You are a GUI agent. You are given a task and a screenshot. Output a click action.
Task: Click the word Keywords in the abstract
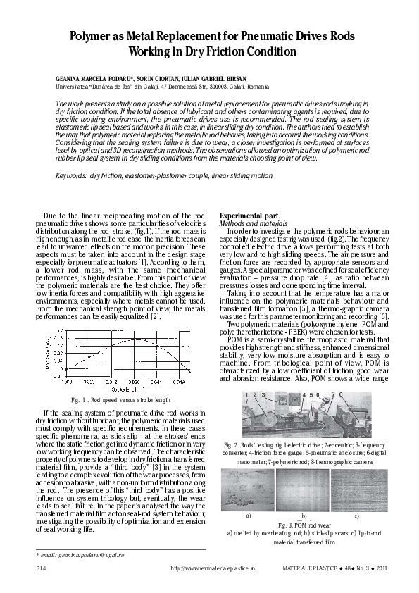[70, 174]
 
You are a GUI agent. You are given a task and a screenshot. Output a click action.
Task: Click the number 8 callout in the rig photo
[341, 395]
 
